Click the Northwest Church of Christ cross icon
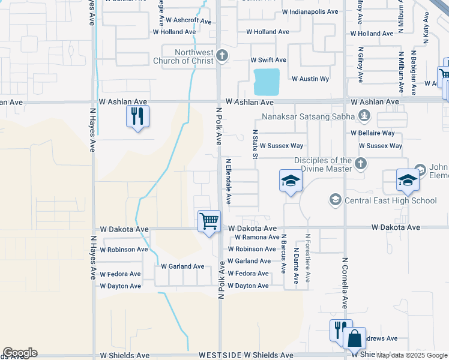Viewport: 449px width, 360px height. pyautogui.click(x=222, y=56)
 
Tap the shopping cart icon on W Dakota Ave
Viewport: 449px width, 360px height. pyautogui.click(x=209, y=221)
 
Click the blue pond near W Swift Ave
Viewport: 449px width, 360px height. pyautogui.click(x=267, y=82)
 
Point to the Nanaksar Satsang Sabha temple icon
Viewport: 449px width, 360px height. pyautogui.click(x=363, y=115)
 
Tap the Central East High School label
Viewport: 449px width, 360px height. pyautogui.click(x=390, y=200)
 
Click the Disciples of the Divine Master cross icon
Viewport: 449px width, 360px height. pyautogui.click(x=361, y=163)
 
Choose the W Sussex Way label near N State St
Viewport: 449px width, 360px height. pyautogui.click(x=281, y=146)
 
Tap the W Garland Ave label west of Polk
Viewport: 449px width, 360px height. pyautogui.click(x=182, y=266)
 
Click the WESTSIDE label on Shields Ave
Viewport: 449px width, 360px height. pyautogui.click(x=222, y=356)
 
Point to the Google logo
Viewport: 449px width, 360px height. pyautogui.click(x=20, y=353)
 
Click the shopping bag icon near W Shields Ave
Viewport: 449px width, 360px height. pyautogui.click(x=355, y=338)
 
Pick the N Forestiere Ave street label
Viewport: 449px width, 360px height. pyautogui.click(x=307, y=259)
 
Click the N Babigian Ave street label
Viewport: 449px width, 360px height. pyautogui.click(x=414, y=73)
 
